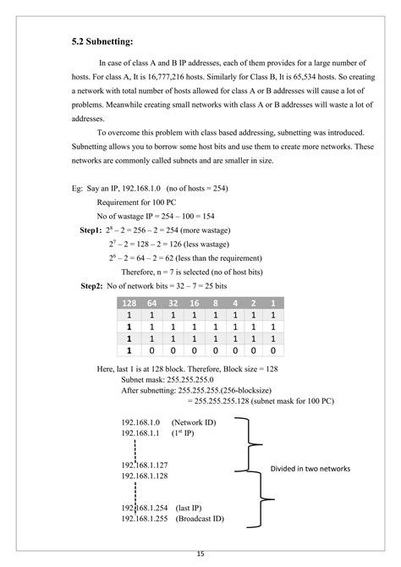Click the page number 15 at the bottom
click(200, 554)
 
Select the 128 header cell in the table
click(129, 303)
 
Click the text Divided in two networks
click(310, 468)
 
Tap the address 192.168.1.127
click(146, 464)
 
